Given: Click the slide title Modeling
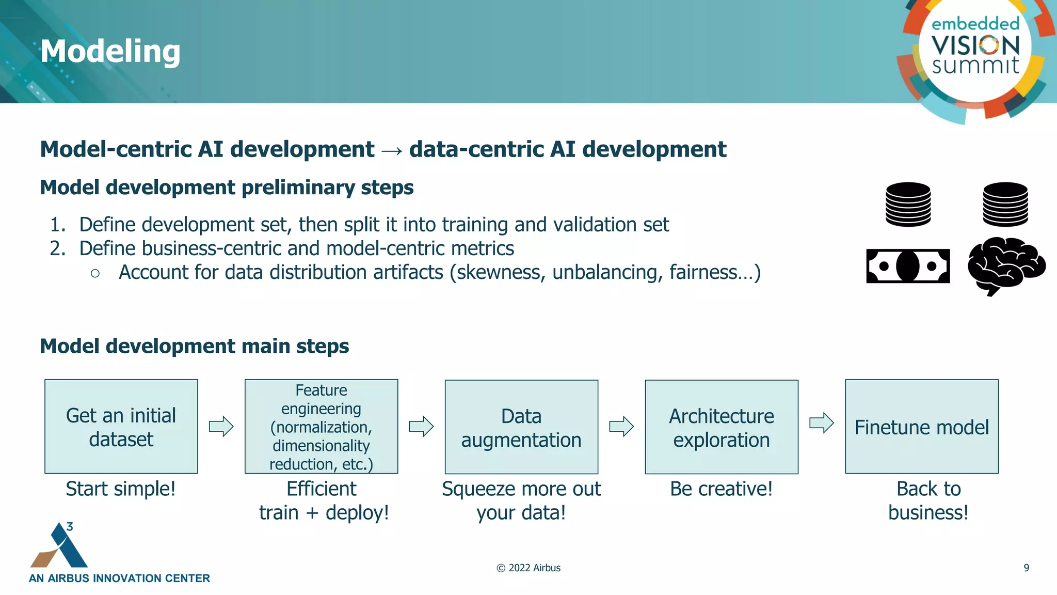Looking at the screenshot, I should [x=110, y=52].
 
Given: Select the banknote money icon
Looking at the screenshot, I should [x=908, y=266].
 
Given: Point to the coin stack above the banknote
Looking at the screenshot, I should [x=908, y=205].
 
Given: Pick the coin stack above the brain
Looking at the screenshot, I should [x=1005, y=205].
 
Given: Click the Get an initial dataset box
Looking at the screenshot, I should [x=121, y=427].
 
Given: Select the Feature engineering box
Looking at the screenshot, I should [x=321, y=427].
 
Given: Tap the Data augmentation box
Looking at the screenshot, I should [x=521, y=427].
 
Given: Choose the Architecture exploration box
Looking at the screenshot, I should [x=722, y=427].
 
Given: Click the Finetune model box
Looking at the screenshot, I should [x=921, y=427].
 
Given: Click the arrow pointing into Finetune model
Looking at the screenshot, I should [x=821, y=423].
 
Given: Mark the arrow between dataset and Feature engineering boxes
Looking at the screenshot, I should [x=221, y=427].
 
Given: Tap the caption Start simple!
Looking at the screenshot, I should [x=121, y=489].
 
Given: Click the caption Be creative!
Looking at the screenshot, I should [x=721, y=489].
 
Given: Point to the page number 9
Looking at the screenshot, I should [x=1026, y=568].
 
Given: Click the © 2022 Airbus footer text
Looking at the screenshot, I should [x=528, y=568].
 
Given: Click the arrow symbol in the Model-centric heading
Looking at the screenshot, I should [x=392, y=150].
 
